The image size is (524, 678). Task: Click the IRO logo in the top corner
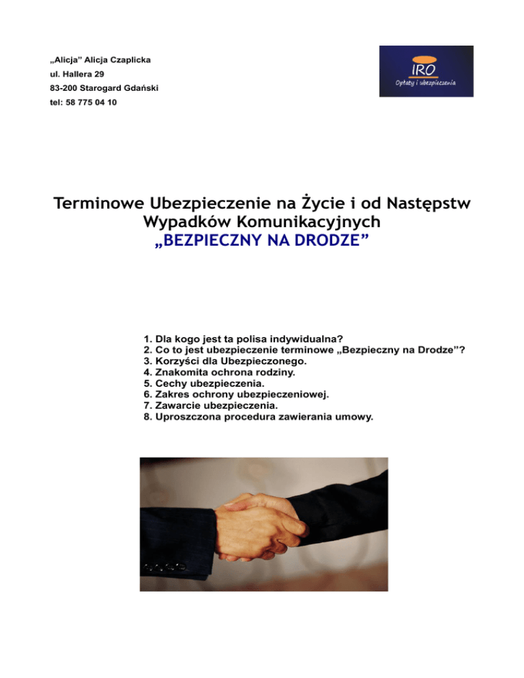tap(426, 71)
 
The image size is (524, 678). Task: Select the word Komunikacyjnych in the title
tap(310, 222)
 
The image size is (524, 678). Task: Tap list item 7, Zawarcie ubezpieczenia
tap(211, 403)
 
